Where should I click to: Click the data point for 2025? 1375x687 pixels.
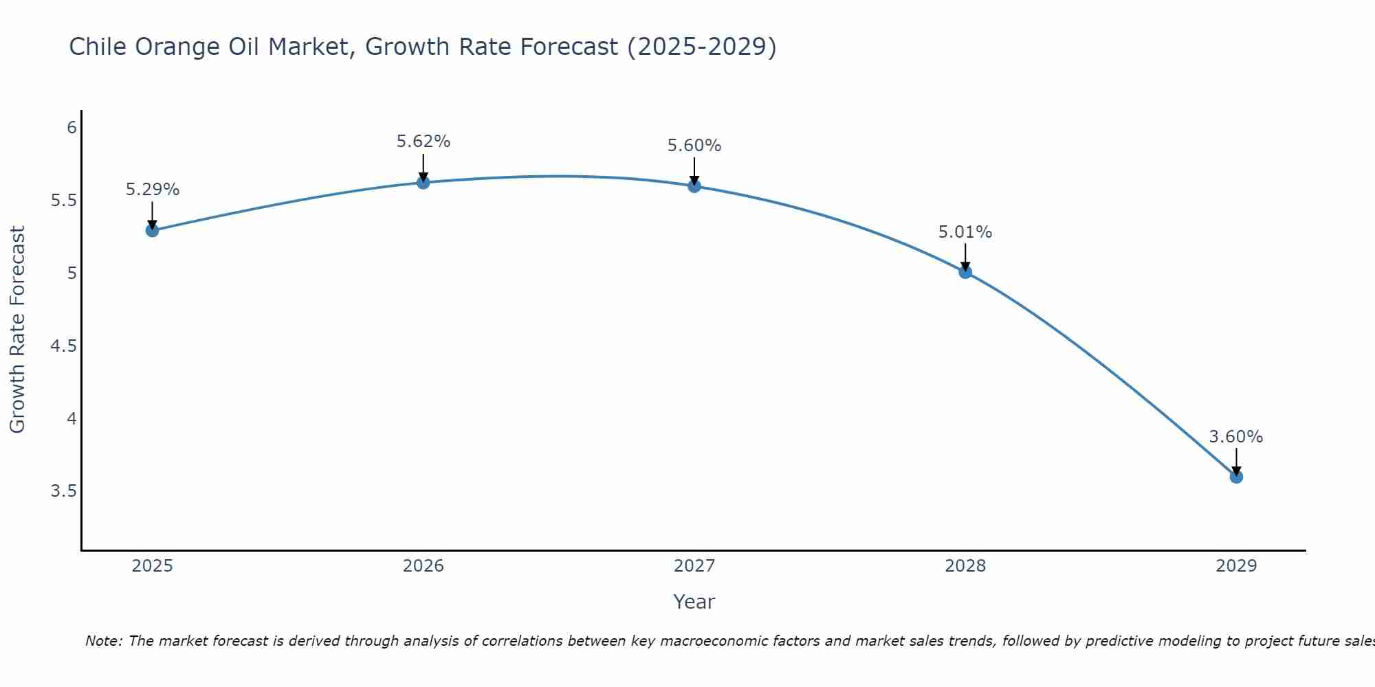click(153, 230)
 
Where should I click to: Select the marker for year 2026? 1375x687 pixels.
click(423, 182)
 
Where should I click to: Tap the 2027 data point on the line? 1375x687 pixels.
click(694, 185)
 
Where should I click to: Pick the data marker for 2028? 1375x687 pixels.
click(965, 272)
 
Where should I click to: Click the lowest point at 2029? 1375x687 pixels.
click(1236, 477)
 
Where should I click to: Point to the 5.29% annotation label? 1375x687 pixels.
click(153, 190)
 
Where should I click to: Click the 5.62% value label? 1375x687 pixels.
click(423, 142)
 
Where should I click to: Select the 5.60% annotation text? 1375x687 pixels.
click(694, 146)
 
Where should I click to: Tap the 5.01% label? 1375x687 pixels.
click(965, 232)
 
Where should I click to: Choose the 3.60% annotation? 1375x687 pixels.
click(1236, 437)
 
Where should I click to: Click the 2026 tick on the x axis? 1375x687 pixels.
click(423, 566)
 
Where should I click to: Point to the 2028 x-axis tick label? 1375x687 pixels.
click(965, 566)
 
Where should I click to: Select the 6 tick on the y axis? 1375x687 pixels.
click(71, 128)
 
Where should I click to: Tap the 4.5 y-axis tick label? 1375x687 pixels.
click(63, 346)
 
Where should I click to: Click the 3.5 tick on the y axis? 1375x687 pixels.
click(63, 491)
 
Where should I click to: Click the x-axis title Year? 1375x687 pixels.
click(694, 602)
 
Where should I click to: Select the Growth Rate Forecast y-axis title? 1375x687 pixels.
click(17, 330)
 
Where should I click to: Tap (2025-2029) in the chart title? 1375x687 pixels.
click(701, 47)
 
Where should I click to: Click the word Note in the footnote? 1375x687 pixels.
click(103, 641)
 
